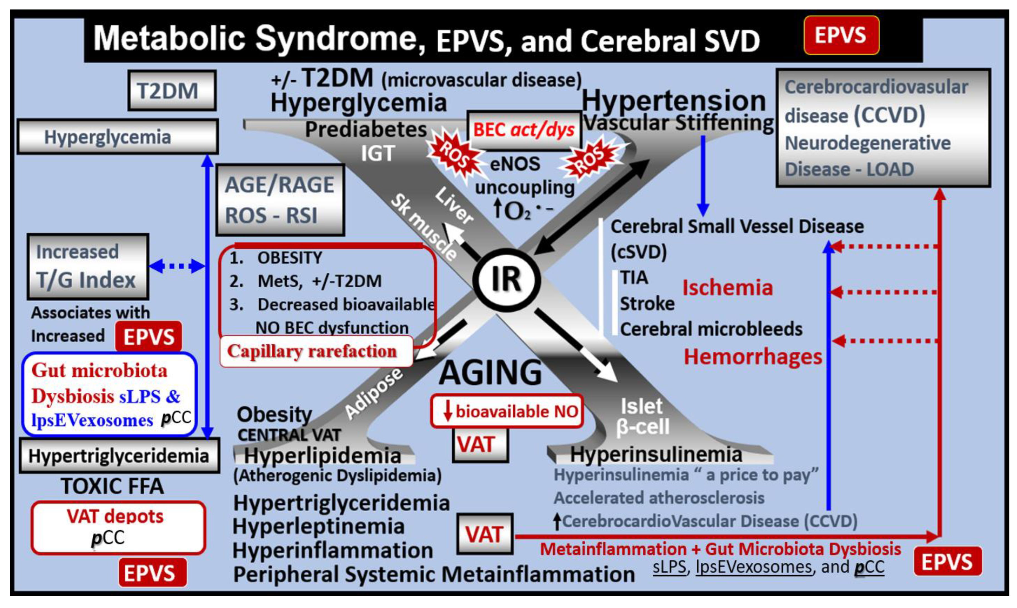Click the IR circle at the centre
(x=507, y=280)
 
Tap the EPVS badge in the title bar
(x=841, y=35)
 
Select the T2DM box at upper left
(x=172, y=91)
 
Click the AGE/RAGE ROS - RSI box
(x=280, y=200)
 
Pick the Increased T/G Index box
(x=88, y=266)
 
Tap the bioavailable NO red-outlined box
(x=507, y=411)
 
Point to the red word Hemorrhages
(x=753, y=357)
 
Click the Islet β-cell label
(x=642, y=417)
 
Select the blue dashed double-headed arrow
(x=176, y=266)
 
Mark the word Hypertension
(x=674, y=101)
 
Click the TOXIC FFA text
(x=112, y=486)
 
